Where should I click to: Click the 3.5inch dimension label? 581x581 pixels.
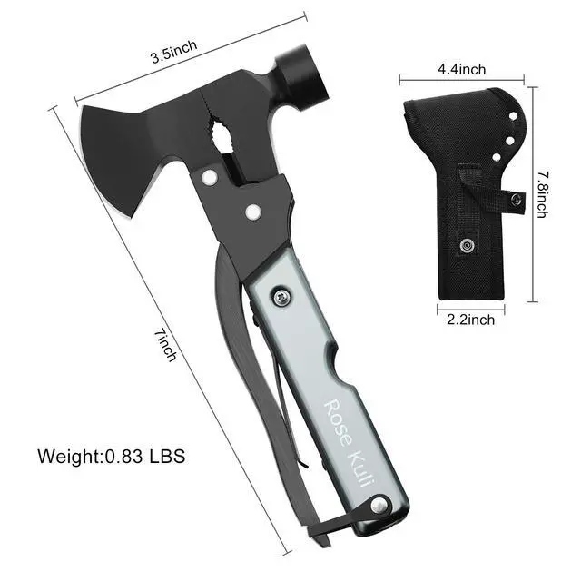click(x=173, y=52)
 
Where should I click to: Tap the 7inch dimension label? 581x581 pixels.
click(x=165, y=345)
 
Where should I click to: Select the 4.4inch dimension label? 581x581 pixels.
click(x=461, y=69)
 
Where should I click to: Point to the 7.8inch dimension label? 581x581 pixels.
click(x=543, y=195)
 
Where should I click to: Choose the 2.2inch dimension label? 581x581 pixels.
click(x=470, y=320)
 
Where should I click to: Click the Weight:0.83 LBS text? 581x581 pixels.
click(x=111, y=456)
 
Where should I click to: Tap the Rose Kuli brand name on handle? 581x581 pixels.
click(x=350, y=444)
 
